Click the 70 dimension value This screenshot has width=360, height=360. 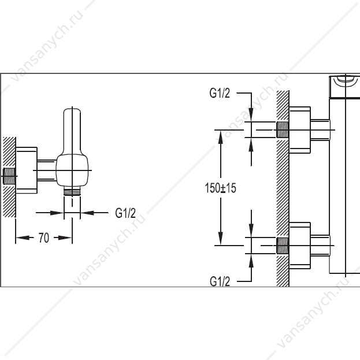click(44, 237)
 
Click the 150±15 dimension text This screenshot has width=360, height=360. click(220, 188)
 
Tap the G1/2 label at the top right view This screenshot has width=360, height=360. click(220, 93)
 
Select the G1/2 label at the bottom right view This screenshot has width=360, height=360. click(220, 281)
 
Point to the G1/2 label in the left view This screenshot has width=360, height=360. click(125, 213)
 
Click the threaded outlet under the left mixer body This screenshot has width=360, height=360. click(72, 191)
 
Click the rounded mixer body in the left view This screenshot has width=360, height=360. click(72, 170)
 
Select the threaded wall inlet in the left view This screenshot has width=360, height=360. click(9, 176)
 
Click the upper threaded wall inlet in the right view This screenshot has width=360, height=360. click(283, 129)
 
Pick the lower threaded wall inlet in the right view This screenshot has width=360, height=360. click(283, 246)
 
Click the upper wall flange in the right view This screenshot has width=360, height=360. click(300, 130)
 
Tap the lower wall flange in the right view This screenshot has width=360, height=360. click(300, 246)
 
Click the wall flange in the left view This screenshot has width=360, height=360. click(27, 170)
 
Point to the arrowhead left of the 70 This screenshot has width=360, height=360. click(23, 237)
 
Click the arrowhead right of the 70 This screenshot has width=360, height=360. click(65, 237)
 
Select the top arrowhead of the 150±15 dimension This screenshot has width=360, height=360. click(220, 138)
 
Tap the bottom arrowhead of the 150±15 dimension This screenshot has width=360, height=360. click(220, 238)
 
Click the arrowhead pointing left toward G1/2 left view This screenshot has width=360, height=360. click(87, 213)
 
